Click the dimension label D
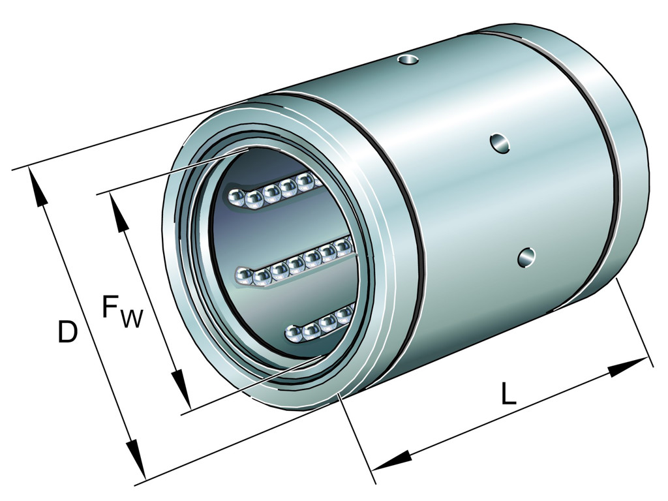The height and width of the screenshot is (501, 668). (x=68, y=332)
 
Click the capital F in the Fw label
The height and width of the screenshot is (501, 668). (x=110, y=307)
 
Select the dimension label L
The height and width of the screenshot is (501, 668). (x=508, y=393)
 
